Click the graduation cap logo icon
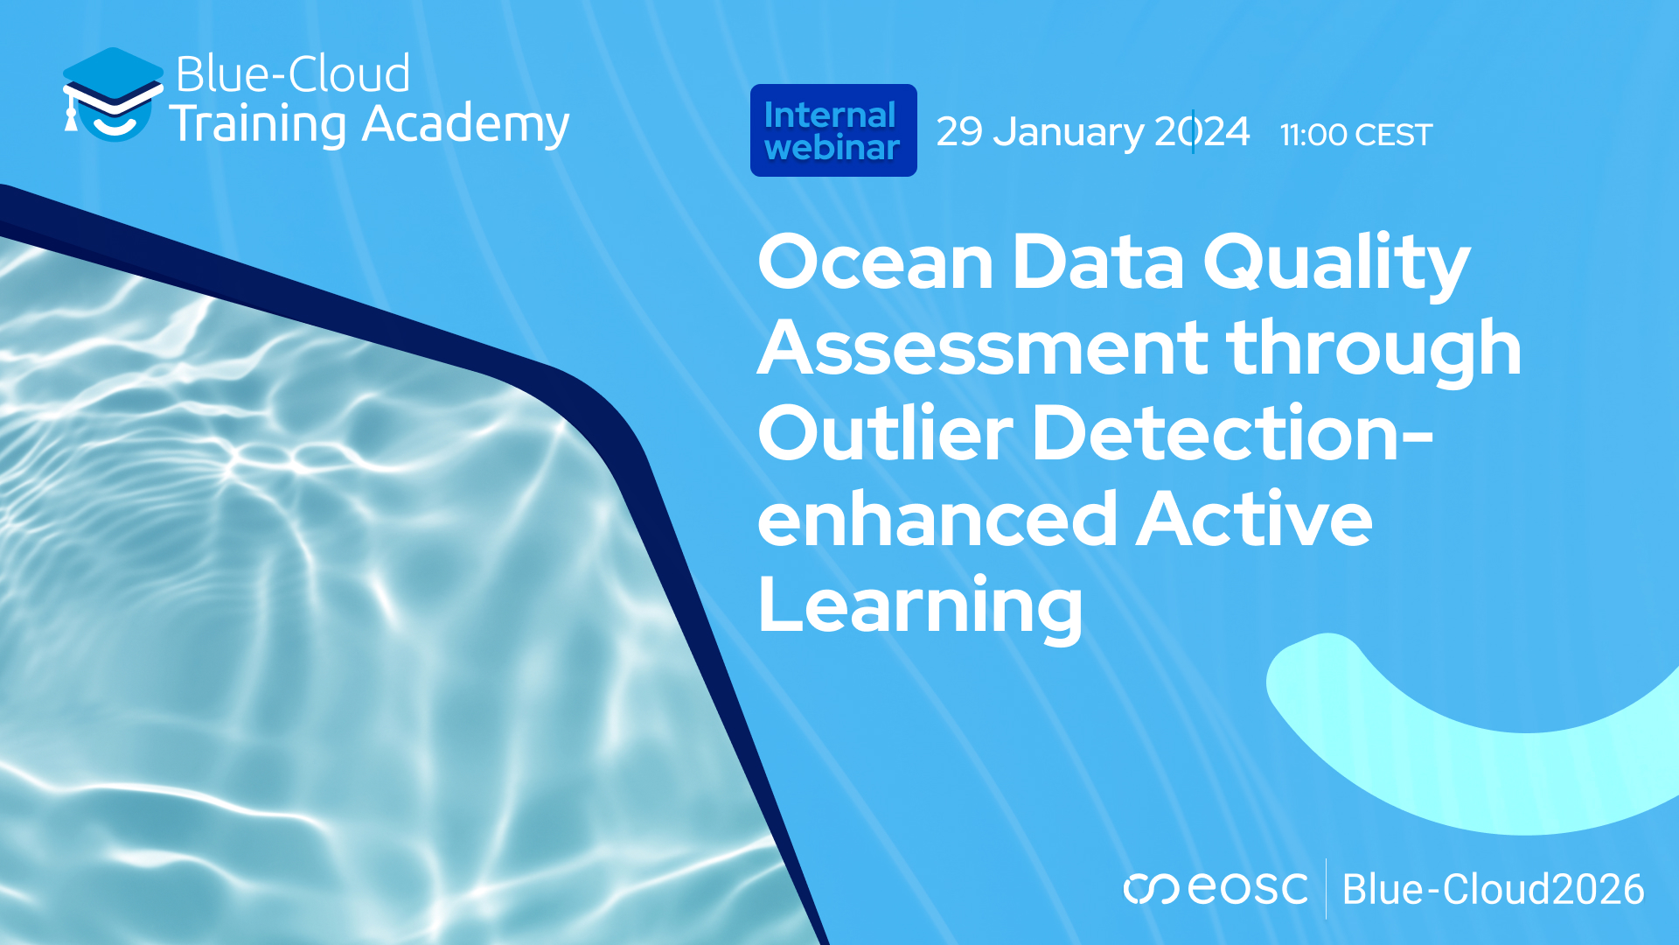pyautogui.click(x=112, y=94)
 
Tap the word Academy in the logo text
pyautogui.click(x=465, y=124)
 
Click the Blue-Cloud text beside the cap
pyautogui.click(x=293, y=73)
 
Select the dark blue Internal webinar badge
pyautogui.click(x=833, y=130)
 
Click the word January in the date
pyautogui.click(x=1069, y=132)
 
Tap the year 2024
pyautogui.click(x=1202, y=132)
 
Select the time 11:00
pyautogui.click(x=1313, y=135)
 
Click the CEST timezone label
pyautogui.click(x=1393, y=135)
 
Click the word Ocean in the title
pyautogui.click(x=875, y=262)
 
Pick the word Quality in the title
pyautogui.click(x=1336, y=263)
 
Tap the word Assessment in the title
pyautogui.click(x=982, y=347)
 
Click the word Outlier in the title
pyautogui.click(x=885, y=432)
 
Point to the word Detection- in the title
pyautogui.click(x=1233, y=432)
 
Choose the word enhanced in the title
pyautogui.click(x=937, y=519)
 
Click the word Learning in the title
pyautogui.click(x=920, y=605)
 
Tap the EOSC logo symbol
pyautogui.click(x=1150, y=889)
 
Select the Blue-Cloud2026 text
pyautogui.click(x=1493, y=889)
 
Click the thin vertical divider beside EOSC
pyautogui.click(x=1326, y=889)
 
